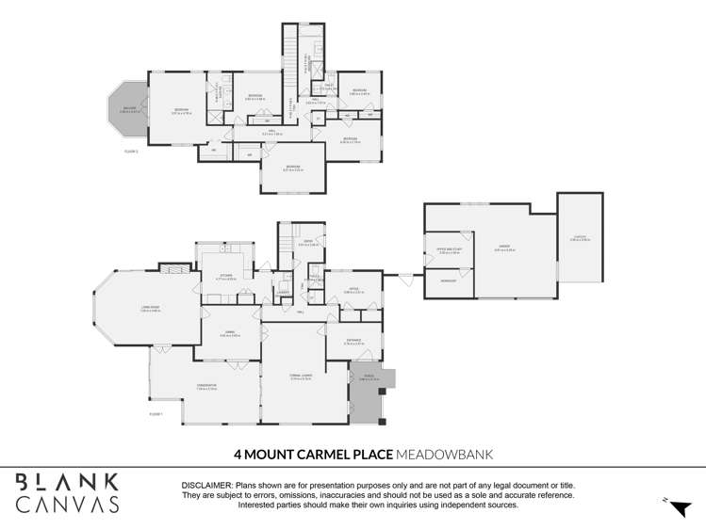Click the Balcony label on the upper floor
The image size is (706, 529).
[129, 109]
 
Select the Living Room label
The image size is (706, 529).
[150, 309]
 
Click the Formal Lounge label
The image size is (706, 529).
[302, 377]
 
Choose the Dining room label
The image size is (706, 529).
[229, 334]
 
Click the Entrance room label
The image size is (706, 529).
[354, 343]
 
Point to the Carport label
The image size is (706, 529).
[580, 239]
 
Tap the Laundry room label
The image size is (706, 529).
[283, 293]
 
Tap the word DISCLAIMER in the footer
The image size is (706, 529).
[206, 484]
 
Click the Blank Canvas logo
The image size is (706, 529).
[68, 492]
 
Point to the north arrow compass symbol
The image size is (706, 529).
[679, 507]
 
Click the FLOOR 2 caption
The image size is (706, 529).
[131, 151]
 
